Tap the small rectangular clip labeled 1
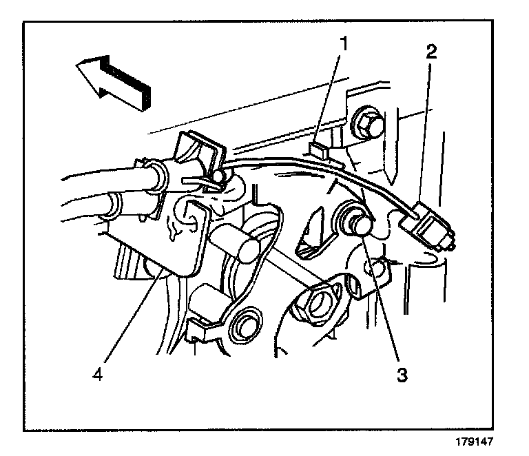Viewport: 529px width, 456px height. pos(317,147)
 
